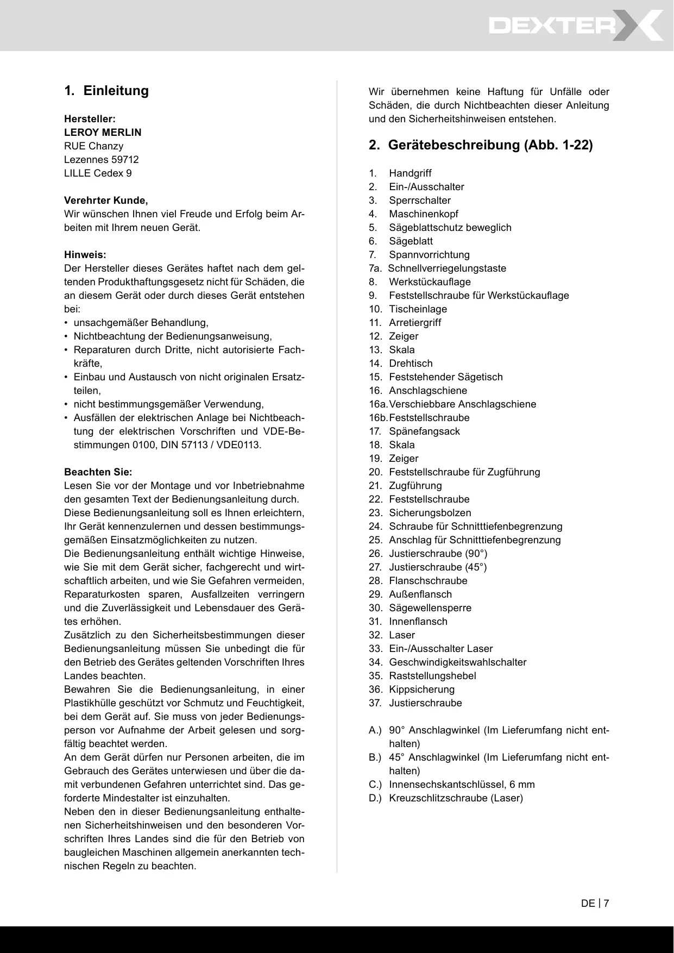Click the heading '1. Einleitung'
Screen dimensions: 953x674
pos(106,91)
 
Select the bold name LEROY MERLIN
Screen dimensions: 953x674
pos(103,133)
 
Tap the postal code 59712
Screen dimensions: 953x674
pos(125,160)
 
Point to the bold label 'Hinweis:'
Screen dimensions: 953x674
pos(85,255)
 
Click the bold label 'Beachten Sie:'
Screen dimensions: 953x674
pos(98,472)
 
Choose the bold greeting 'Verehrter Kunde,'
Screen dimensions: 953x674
pos(106,200)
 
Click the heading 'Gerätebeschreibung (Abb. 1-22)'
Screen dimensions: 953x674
pos(481,145)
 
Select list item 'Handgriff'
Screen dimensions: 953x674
pos(410,173)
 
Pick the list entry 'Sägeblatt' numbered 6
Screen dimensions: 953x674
pos(411,241)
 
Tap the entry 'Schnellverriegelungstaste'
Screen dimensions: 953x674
pos(447,268)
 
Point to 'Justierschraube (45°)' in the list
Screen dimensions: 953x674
pos(438,567)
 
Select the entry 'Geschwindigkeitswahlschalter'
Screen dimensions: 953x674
pos(457,662)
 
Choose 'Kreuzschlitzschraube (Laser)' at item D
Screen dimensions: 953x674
pos(456,798)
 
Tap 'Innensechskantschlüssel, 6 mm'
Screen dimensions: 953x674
pos(462,785)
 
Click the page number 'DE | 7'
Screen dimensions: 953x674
pos(595,904)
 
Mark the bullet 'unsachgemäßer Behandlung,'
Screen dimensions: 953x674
pos(141,323)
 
